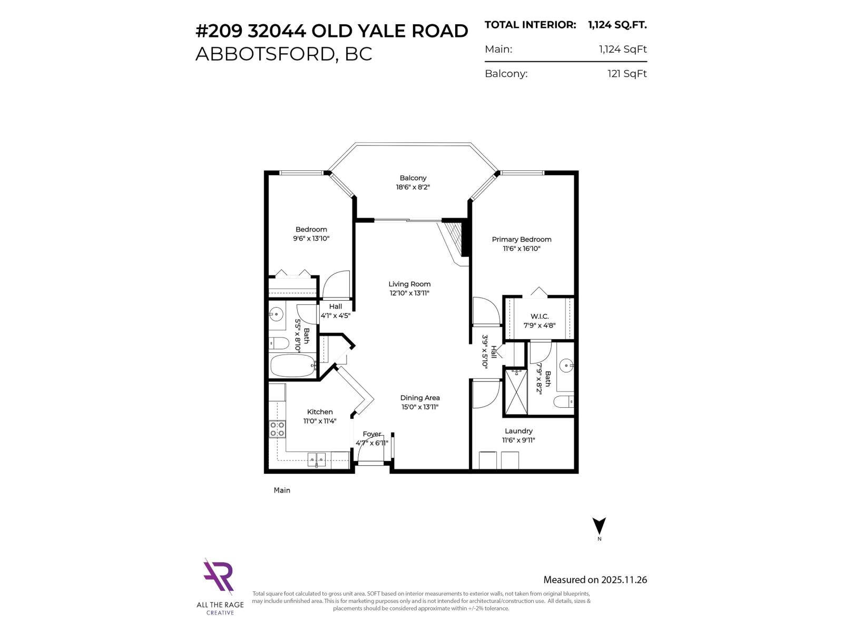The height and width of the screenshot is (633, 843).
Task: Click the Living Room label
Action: (409, 284)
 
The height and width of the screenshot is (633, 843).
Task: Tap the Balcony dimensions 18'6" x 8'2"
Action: (413, 187)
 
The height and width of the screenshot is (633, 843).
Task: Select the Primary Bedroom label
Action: (522, 239)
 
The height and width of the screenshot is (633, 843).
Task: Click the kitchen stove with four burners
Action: (277, 429)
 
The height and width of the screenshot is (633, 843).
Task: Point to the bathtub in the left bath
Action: (292, 365)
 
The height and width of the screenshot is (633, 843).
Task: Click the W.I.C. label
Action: (540, 316)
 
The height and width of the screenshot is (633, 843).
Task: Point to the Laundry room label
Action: (518, 431)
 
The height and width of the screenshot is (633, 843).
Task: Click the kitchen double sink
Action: (316, 459)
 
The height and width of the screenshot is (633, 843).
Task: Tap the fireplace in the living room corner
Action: (454, 240)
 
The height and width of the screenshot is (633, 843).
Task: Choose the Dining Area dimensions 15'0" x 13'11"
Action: (420, 407)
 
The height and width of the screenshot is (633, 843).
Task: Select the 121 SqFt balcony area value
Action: (626, 73)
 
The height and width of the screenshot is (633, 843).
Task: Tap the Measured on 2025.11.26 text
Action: (595, 580)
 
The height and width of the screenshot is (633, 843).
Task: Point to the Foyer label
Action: (372, 434)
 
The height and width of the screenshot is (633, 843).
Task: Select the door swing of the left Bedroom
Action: (336, 285)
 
